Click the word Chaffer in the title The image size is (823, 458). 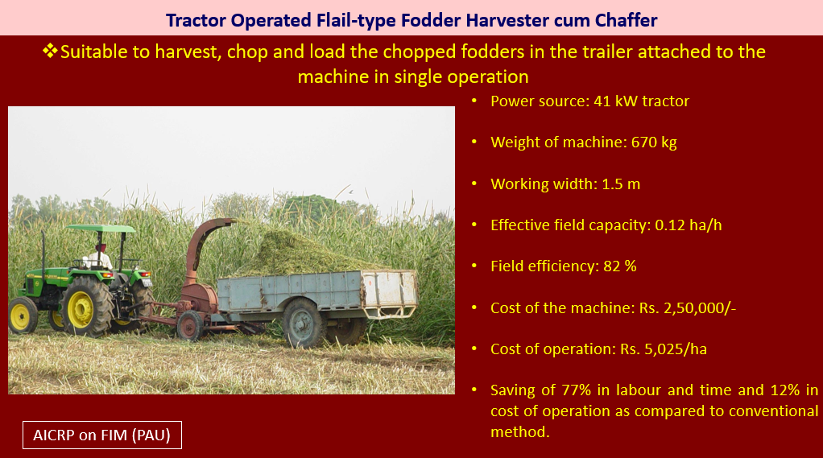(x=626, y=20)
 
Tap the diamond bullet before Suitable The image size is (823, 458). (x=51, y=51)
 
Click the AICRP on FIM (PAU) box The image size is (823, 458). (x=102, y=435)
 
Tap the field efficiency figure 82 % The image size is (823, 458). (x=620, y=266)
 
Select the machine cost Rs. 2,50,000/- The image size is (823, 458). (x=688, y=308)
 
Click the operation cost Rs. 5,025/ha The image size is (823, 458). (x=664, y=349)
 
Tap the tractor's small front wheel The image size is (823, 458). (x=23, y=316)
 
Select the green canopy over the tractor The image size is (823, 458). (x=101, y=229)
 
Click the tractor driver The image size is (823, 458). (x=100, y=257)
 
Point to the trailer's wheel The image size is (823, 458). (x=304, y=323)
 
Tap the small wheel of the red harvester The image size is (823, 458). (x=190, y=326)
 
